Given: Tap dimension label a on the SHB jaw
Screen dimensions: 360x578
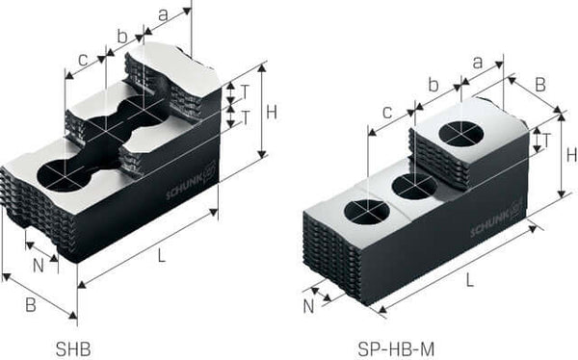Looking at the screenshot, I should coord(162,16).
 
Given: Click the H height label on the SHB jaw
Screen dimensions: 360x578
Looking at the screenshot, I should coord(272,112).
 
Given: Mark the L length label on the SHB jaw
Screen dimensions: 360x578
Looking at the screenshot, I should coord(162,255).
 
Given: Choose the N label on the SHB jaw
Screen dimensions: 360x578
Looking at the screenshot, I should coord(38,262).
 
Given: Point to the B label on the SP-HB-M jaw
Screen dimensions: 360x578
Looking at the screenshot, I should coord(539,85).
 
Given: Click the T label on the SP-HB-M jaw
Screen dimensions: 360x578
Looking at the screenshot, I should coord(546,140).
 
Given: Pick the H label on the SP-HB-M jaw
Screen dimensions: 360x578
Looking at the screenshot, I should coord(571,154).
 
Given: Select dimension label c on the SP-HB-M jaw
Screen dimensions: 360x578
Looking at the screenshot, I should coord(386,113).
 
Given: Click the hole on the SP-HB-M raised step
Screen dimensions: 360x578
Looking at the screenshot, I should coord(464,137).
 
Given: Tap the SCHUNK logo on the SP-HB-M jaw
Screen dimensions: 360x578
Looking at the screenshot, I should coord(496,223).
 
